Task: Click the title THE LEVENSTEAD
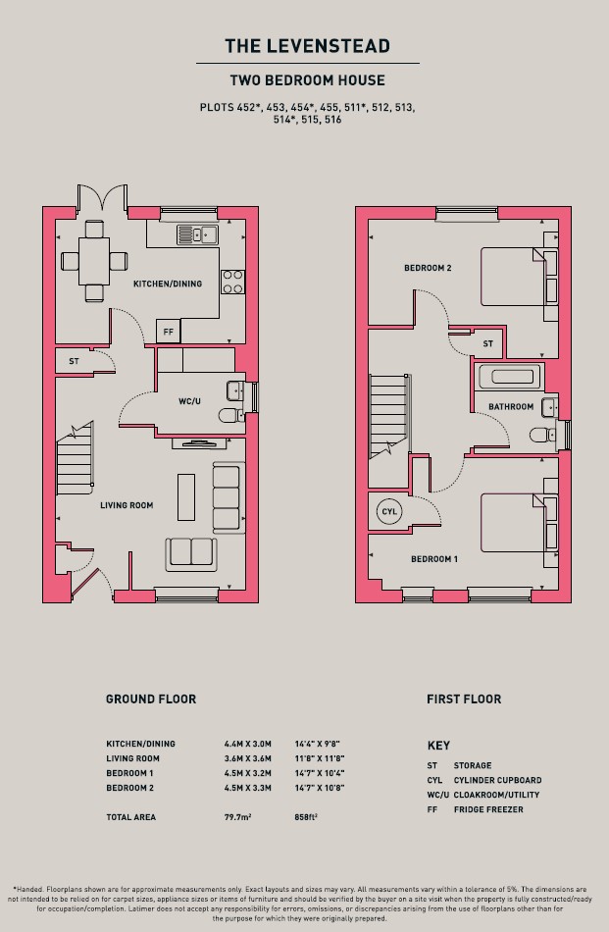click(307, 46)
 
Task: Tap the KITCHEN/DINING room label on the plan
click(168, 285)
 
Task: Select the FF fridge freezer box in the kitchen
click(168, 332)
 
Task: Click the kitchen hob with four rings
click(232, 282)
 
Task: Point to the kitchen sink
click(197, 234)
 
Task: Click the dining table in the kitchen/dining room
click(94, 261)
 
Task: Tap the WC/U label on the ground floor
click(189, 401)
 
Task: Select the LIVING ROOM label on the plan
click(127, 505)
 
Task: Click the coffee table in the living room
click(186, 497)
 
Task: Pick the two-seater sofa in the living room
click(190, 554)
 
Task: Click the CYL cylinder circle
click(389, 511)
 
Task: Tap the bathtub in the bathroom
click(509, 377)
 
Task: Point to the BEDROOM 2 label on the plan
click(428, 268)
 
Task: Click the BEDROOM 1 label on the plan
click(434, 559)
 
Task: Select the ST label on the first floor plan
click(487, 343)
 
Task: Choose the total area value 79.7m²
click(237, 817)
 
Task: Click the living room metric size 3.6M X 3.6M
click(248, 758)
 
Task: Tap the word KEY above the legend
click(438, 746)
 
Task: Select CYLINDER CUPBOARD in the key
click(497, 780)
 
